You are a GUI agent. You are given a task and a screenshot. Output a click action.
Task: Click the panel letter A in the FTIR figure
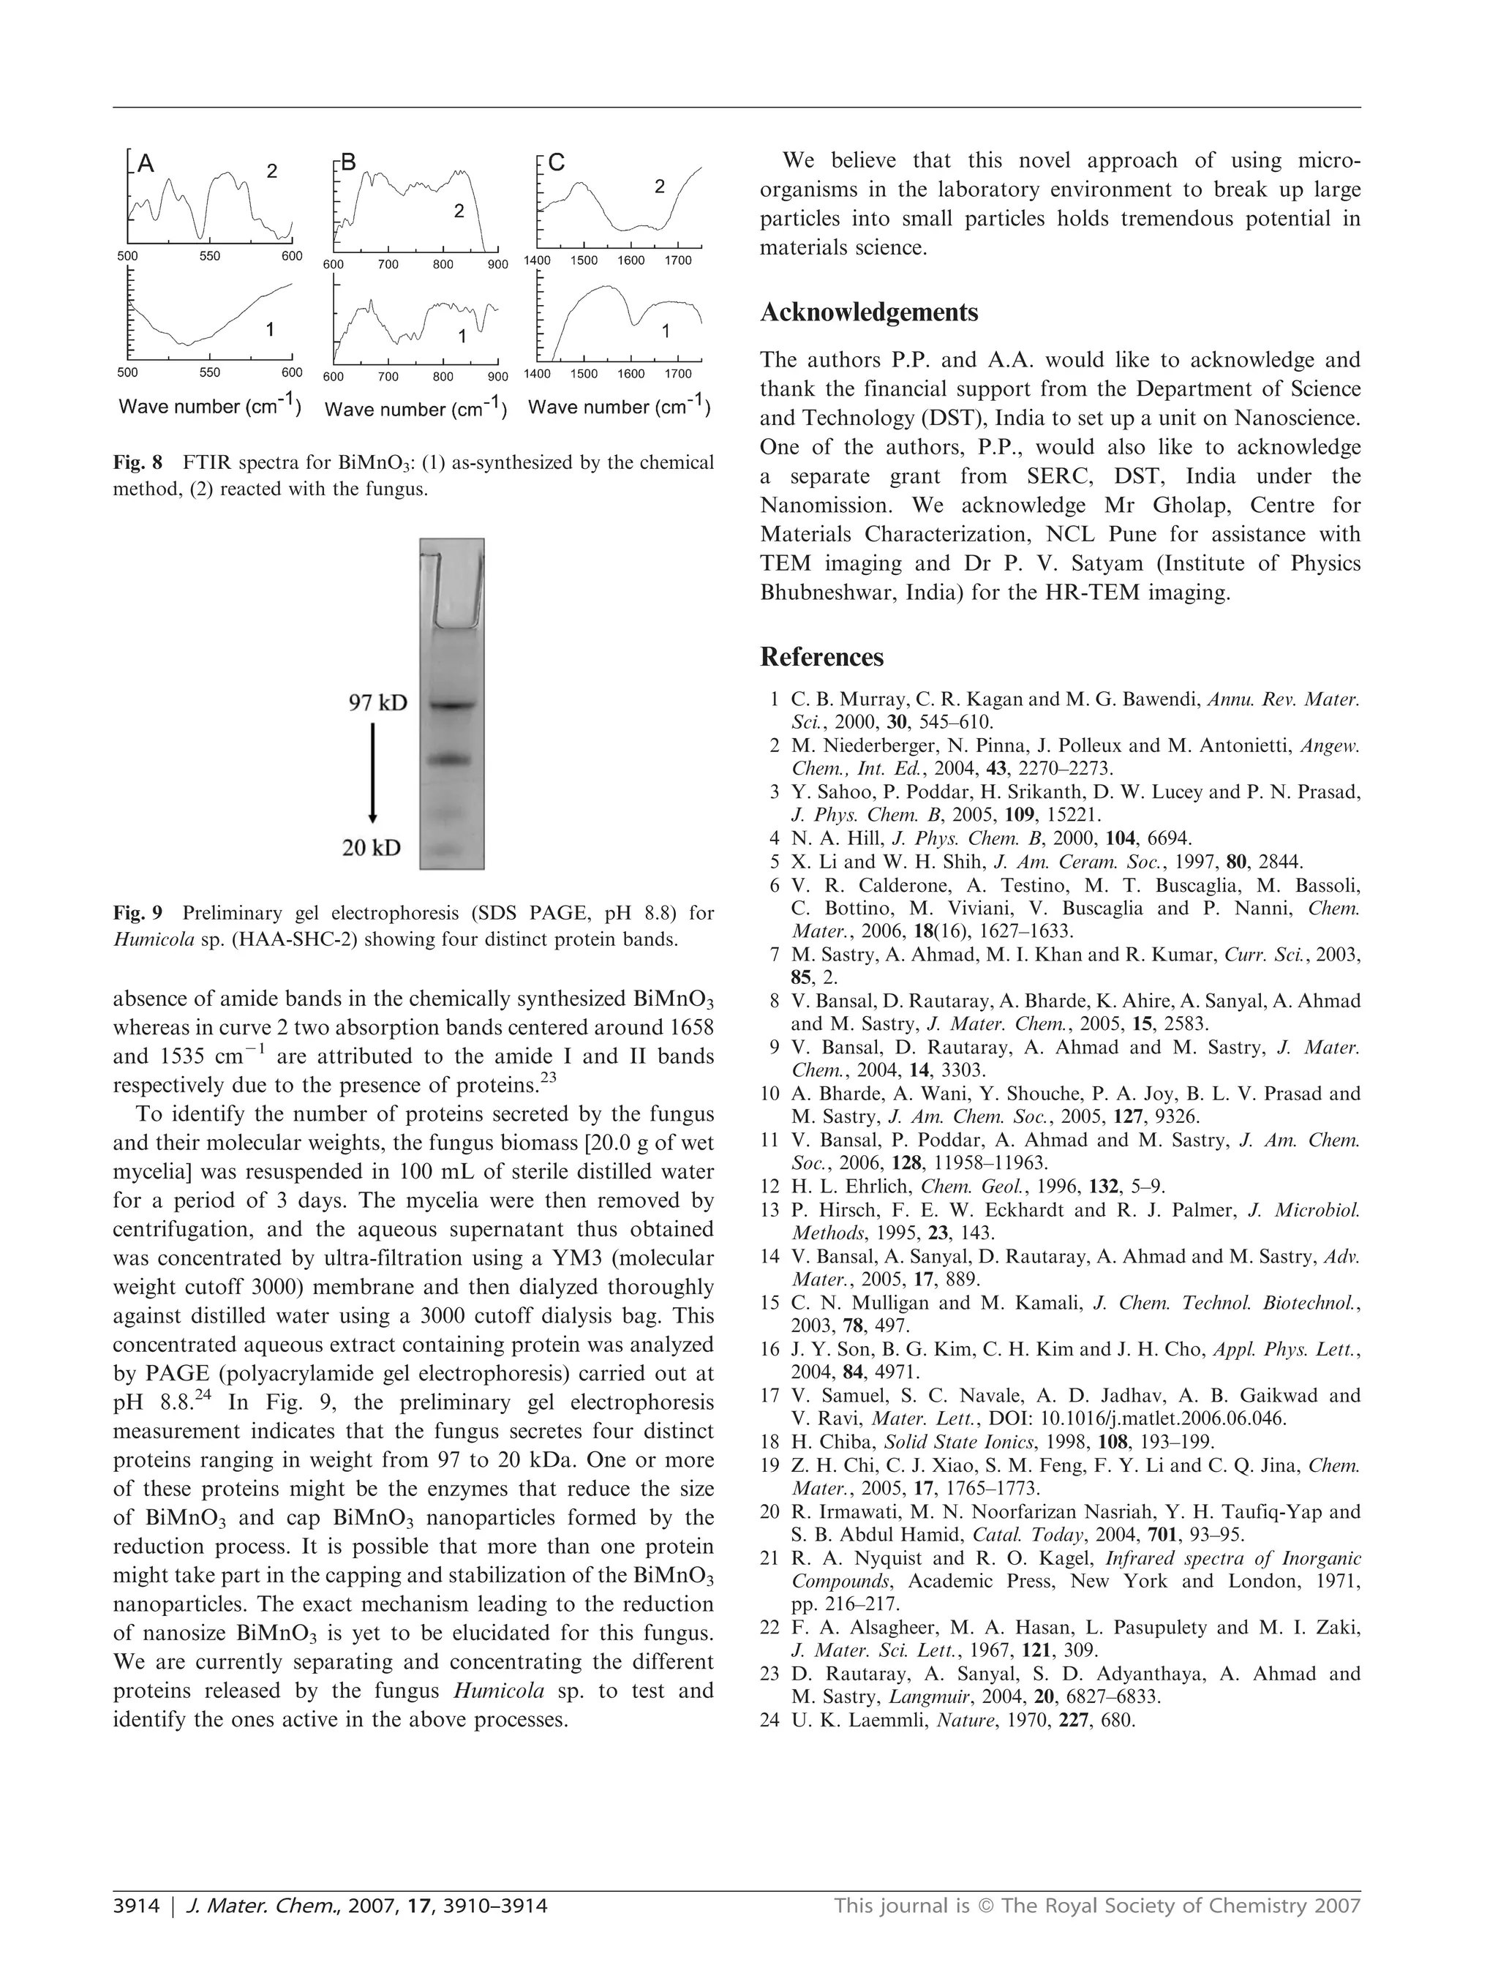(146, 164)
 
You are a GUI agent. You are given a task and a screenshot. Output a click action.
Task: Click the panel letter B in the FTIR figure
(349, 162)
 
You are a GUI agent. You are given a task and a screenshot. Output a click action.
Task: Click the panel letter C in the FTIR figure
(557, 162)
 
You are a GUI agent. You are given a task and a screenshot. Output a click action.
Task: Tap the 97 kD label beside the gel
(377, 703)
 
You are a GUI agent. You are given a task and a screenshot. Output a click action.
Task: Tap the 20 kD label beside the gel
(372, 847)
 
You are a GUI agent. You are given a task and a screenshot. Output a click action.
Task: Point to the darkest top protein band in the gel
(452, 705)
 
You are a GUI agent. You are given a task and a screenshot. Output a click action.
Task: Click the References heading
(821, 657)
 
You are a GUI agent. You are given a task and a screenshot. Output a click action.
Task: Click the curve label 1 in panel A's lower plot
(270, 329)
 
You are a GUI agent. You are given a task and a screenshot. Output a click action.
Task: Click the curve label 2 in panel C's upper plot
(659, 187)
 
